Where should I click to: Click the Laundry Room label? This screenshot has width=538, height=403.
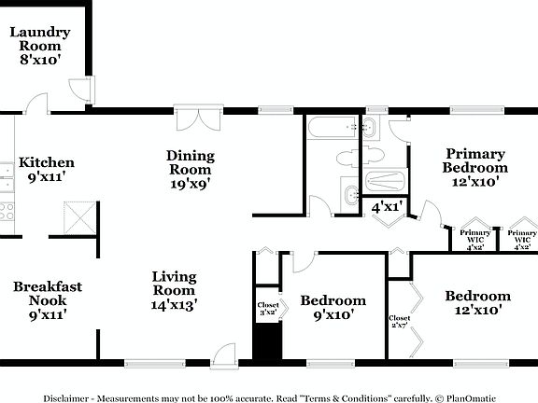(36, 45)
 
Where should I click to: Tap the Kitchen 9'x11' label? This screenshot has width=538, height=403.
(47, 169)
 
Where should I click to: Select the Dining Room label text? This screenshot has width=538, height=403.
(191, 169)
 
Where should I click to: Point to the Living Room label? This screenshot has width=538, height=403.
(175, 289)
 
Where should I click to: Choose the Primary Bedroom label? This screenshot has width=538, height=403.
(475, 168)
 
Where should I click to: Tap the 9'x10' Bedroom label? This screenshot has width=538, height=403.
(333, 307)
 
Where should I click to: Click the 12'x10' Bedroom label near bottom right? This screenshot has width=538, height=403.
(477, 303)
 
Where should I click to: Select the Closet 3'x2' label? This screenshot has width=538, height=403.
(267, 309)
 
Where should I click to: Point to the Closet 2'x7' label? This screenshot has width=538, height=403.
(399, 322)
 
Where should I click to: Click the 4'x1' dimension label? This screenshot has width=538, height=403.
(387, 207)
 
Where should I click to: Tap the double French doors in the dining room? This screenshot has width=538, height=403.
(197, 118)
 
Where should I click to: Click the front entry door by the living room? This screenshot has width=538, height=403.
(224, 354)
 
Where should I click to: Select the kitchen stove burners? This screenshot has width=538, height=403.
(7, 212)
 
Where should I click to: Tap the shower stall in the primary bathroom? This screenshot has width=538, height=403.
(386, 181)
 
